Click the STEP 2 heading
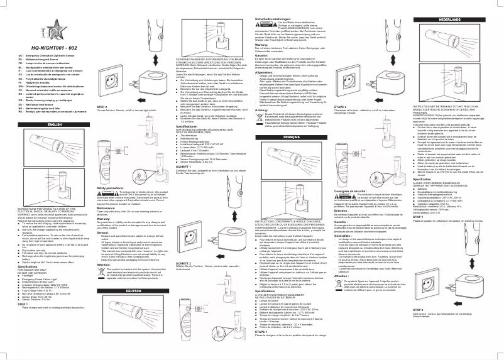(102, 107)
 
